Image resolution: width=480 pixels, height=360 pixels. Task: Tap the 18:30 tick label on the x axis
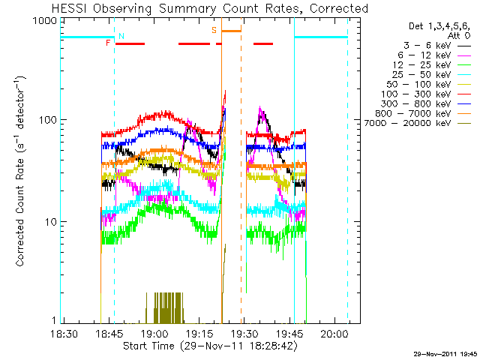tap(64, 333)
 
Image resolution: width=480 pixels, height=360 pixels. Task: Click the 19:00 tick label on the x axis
tap(154, 333)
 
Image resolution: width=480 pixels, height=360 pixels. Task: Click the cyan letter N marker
tap(121, 36)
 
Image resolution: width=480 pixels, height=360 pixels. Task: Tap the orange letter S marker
tap(214, 30)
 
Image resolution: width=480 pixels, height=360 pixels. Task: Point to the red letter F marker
tap(109, 43)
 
